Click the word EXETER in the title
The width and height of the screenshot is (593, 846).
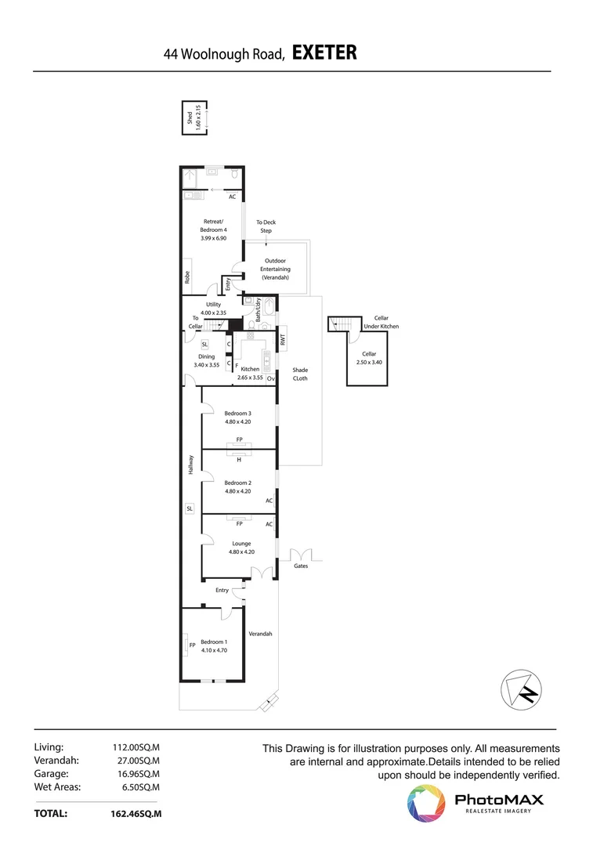[324, 53]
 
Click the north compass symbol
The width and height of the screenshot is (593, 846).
[522, 690]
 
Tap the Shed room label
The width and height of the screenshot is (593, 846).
[189, 118]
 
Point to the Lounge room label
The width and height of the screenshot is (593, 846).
[240, 543]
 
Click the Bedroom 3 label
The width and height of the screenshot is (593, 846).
[237, 413]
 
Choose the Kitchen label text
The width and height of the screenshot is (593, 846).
[250, 369]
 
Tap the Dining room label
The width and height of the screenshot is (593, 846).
[206, 356]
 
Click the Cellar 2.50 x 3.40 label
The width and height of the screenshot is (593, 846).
[368, 354]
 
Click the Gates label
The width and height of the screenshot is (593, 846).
[301, 566]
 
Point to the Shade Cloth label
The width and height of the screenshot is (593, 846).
[300, 374]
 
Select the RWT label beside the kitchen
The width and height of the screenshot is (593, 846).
[283, 341]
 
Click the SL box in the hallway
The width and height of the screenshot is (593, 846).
[190, 508]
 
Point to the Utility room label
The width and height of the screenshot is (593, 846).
[213, 304]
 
